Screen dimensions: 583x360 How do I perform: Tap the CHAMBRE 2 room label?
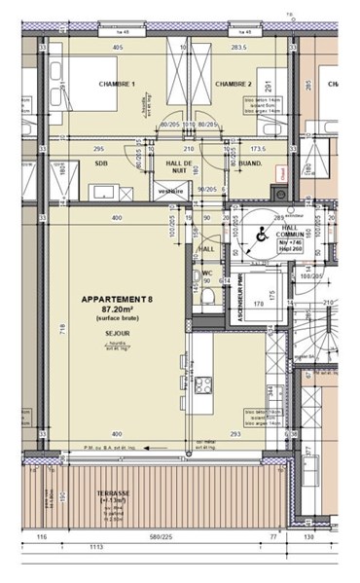click(234, 84)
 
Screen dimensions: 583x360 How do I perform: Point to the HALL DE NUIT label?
click(177, 165)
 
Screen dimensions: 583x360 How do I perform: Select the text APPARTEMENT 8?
click(116, 300)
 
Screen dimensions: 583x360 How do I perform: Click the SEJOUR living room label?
click(117, 331)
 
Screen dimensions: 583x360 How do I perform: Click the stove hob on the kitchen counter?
click(204, 384)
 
